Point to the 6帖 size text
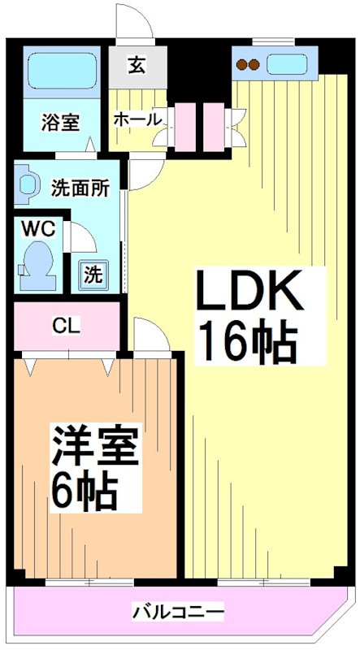85,489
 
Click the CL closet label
66,327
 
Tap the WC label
37,229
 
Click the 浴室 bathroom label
60,123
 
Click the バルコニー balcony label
178,611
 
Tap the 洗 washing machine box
93,274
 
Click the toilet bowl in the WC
37,262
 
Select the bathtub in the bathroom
60,71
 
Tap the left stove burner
242,65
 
